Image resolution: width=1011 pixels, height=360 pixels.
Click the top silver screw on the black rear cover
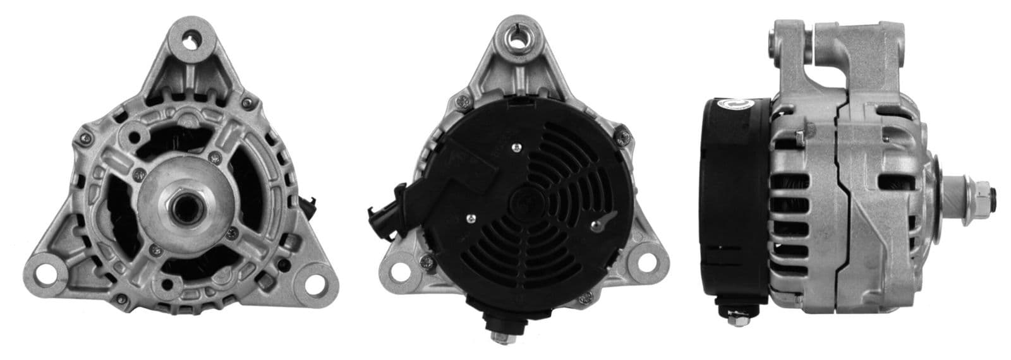point(518,147)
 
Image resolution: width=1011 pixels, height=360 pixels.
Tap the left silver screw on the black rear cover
point(471,219)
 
